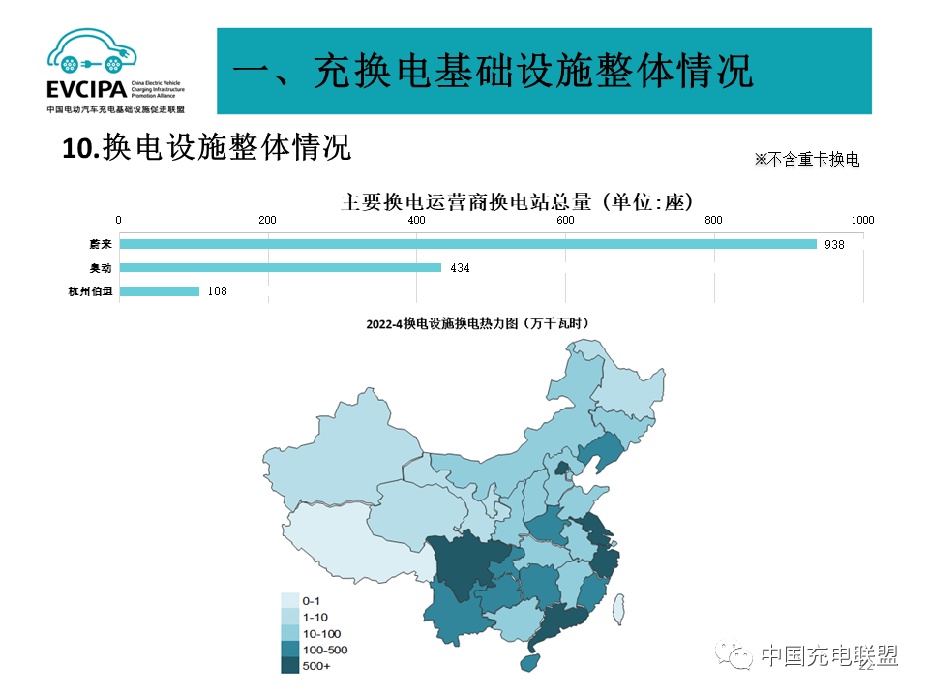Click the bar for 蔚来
click(x=467, y=244)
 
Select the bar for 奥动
click(x=280, y=267)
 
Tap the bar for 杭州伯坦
click(x=159, y=290)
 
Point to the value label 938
click(x=834, y=245)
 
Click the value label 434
click(x=460, y=268)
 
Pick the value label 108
click(x=217, y=291)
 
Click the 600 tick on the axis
click(x=565, y=220)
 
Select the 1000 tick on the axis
click(x=861, y=220)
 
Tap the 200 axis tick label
click(x=267, y=220)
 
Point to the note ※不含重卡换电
click(x=806, y=160)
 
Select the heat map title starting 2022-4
click(x=477, y=323)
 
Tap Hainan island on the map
click(x=527, y=662)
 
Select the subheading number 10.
click(x=79, y=148)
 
